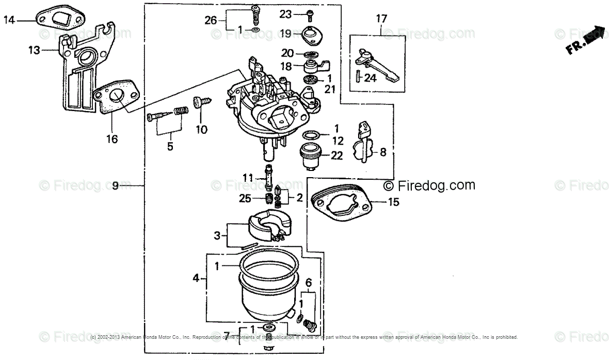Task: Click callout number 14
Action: (9, 20)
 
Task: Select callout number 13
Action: (34, 50)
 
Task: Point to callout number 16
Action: (112, 138)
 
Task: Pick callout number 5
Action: (170, 146)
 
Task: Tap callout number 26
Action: (210, 20)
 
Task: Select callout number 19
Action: (285, 34)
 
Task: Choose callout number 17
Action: (381, 19)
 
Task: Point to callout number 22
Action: (336, 155)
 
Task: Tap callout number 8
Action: (383, 152)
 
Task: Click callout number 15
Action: (393, 202)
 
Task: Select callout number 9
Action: (115, 185)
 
